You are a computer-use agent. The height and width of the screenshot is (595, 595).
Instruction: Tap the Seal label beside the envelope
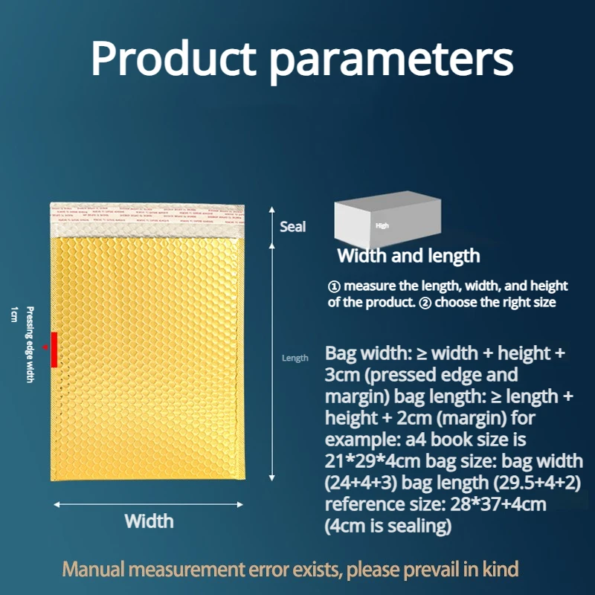(x=292, y=226)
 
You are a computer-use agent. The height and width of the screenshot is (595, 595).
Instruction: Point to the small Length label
(x=295, y=358)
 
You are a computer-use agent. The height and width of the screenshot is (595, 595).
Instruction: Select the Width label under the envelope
(x=149, y=521)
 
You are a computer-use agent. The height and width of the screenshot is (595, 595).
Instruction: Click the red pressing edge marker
(x=54, y=350)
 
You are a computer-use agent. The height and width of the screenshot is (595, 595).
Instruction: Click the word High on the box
(x=382, y=225)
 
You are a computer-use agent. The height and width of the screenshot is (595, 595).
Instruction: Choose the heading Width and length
(x=408, y=257)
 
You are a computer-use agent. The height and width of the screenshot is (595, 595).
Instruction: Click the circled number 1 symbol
(x=335, y=286)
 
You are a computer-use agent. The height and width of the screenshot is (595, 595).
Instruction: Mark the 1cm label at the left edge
(x=13, y=313)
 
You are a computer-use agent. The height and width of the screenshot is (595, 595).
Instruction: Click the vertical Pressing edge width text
(x=30, y=345)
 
